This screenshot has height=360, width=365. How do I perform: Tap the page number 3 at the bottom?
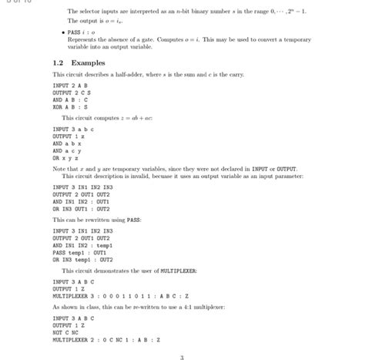pos(182,357)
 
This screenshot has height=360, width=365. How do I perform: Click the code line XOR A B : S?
pos(70,107)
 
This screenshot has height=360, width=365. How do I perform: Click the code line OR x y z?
pos(65,156)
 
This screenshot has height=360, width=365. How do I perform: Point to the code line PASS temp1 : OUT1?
pos(79,252)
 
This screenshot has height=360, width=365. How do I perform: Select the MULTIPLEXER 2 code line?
pos(106,339)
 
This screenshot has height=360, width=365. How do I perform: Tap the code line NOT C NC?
pos(68,332)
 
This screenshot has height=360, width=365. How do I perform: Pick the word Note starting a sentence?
pos(59,168)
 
